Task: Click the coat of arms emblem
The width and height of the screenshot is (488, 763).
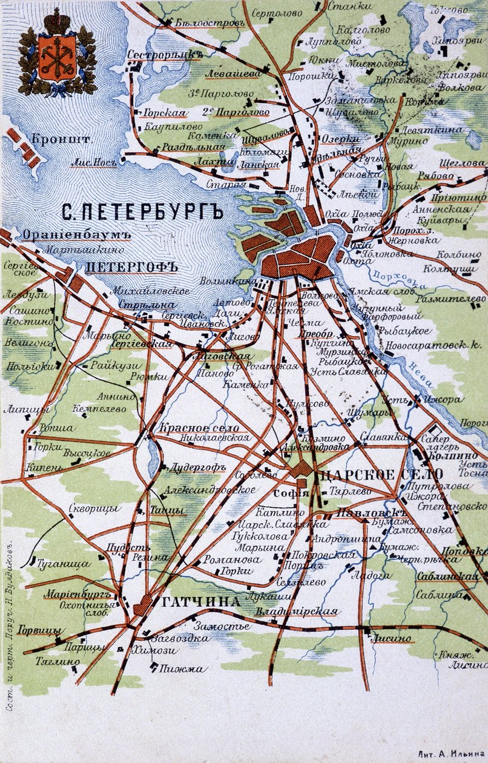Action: pyautogui.click(x=57, y=53)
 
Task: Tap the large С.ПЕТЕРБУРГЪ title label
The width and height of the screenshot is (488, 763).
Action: pyautogui.click(x=142, y=211)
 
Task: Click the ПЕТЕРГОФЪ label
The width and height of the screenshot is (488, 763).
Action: pyautogui.click(x=130, y=266)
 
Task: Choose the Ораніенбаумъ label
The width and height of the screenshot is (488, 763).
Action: pyautogui.click(x=68, y=234)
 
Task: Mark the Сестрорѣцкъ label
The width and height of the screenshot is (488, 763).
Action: pyautogui.click(x=164, y=54)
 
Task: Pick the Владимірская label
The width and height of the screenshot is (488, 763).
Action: pyautogui.click(x=296, y=612)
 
